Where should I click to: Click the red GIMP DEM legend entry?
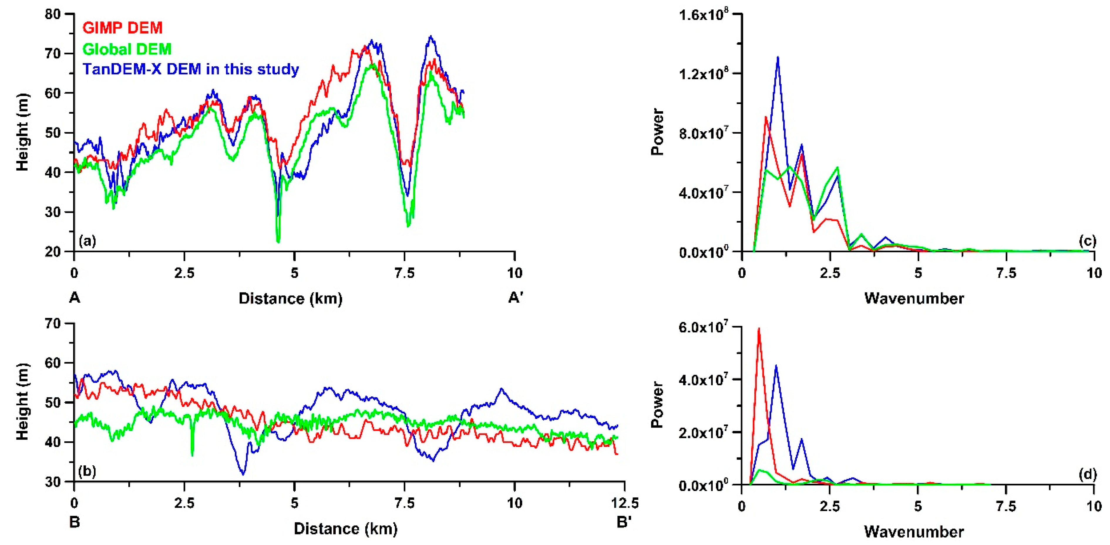point(122,28)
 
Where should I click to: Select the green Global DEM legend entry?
point(127,49)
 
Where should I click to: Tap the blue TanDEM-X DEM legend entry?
point(191,69)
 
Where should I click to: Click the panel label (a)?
point(88,241)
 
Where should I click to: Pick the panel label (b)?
point(88,471)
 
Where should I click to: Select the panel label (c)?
point(1087,241)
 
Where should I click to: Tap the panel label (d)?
point(1087,474)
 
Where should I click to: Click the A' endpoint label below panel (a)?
point(516,297)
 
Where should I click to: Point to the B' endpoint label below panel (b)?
point(624,522)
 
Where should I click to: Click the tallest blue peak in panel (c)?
point(778,57)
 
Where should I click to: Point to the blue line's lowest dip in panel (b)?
point(243,474)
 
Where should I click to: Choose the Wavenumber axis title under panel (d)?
point(914,532)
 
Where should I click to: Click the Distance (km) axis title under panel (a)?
point(290,298)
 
